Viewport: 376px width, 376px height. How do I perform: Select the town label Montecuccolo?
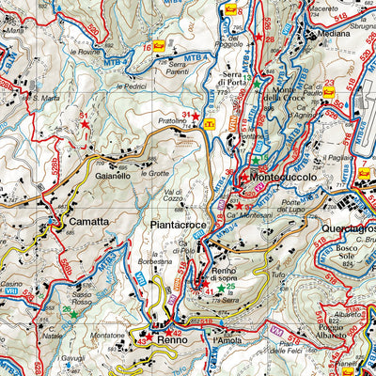click(286, 176)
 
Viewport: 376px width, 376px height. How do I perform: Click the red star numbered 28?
click(258, 35)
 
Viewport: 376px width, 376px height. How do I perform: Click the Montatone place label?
click(106, 335)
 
